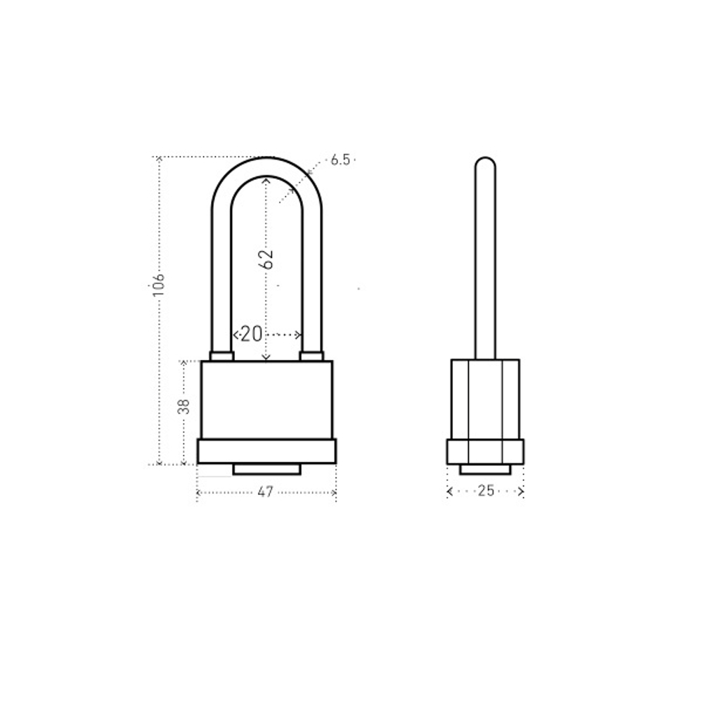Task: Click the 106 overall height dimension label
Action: [x=158, y=284]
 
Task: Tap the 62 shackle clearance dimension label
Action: [x=266, y=259]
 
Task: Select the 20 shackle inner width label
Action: [x=251, y=334]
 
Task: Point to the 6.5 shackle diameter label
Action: [x=340, y=160]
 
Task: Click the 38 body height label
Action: [x=183, y=406]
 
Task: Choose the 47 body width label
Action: [x=266, y=492]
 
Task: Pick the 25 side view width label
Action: [x=486, y=491]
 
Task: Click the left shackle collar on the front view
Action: [x=221, y=356]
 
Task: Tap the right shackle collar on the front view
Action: [x=311, y=356]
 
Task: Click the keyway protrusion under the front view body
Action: [x=266, y=470]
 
